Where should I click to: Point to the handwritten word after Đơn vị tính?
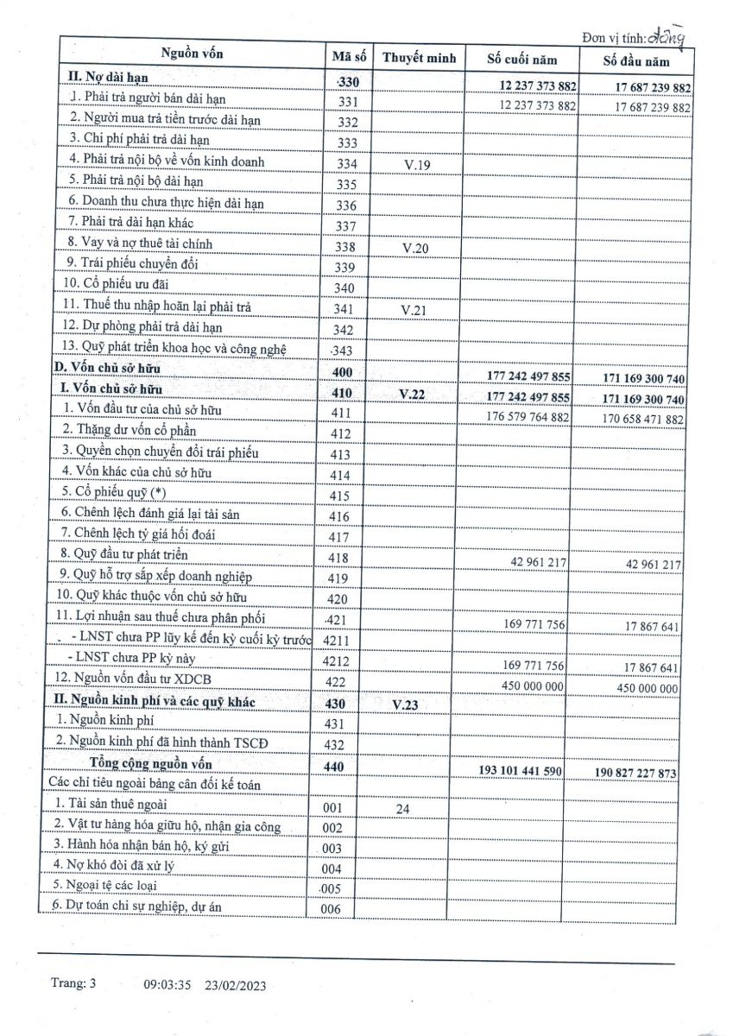click(x=672, y=36)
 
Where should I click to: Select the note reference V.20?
click(x=418, y=248)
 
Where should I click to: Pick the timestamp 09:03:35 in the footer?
click(x=167, y=984)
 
